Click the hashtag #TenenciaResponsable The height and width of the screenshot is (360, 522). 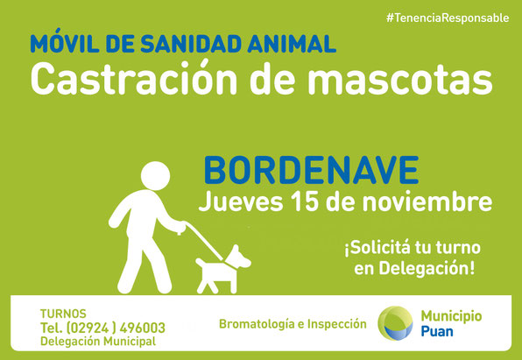coord(448,18)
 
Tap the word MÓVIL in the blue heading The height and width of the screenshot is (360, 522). coord(65,42)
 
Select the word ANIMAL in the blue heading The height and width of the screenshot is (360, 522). coord(292,43)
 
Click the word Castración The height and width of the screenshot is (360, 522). coord(133,78)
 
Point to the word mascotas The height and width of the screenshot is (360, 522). coord(400,81)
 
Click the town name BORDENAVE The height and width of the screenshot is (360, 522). coord(311,170)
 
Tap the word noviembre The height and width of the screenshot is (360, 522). coord(427,201)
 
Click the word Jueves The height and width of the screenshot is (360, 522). coord(241,201)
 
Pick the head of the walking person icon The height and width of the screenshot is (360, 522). coord(155,176)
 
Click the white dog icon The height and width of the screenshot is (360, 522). coord(222,270)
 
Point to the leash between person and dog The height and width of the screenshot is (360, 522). coord(204,241)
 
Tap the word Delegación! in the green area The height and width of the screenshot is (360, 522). coord(427,268)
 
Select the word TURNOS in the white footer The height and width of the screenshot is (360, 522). coord(63,314)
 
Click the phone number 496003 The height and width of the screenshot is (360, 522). coord(142,328)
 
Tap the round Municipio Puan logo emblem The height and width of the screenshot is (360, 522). coord(395,323)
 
